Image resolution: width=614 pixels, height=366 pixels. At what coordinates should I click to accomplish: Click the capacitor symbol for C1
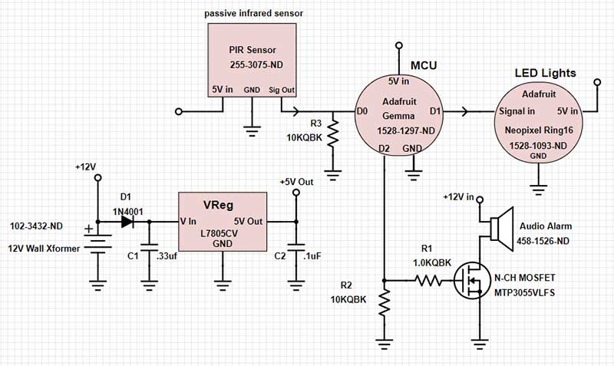148,254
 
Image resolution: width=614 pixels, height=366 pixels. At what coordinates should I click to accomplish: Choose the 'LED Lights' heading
545,74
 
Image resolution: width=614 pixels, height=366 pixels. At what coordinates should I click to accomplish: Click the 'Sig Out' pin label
281,90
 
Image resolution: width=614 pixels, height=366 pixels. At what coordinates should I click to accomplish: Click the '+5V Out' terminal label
297,182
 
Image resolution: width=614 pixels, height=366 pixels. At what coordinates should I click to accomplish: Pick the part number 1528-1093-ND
537,144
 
